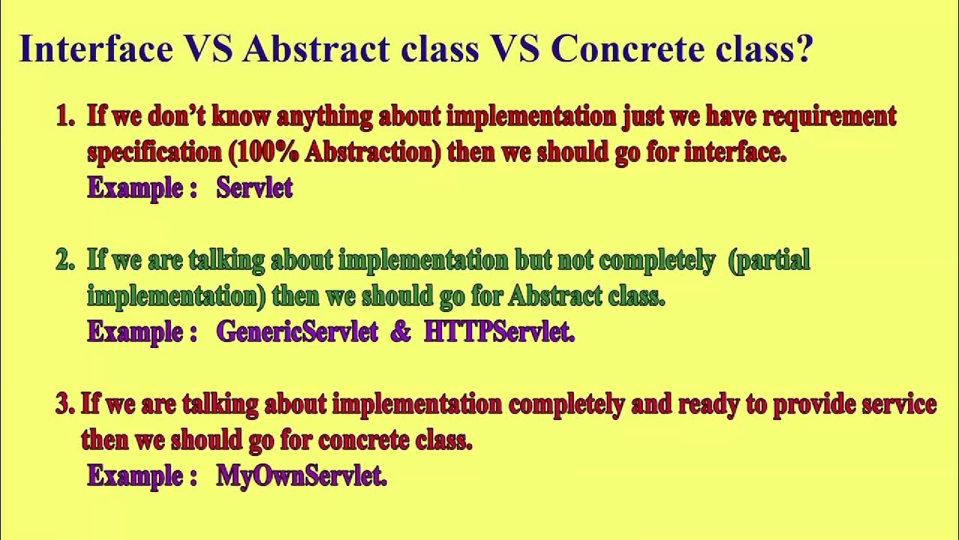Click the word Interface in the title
(x=96, y=49)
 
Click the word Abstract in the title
(x=315, y=49)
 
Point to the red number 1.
(x=64, y=116)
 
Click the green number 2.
(x=64, y=260)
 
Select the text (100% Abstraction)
(x=334, y=152)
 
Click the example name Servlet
(x=254, y=187)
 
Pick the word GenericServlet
(x=297, y=331)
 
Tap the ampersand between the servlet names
(x=400, y=331)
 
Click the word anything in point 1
(x=324, y=118)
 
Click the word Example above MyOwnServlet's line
(x=135, y=475)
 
